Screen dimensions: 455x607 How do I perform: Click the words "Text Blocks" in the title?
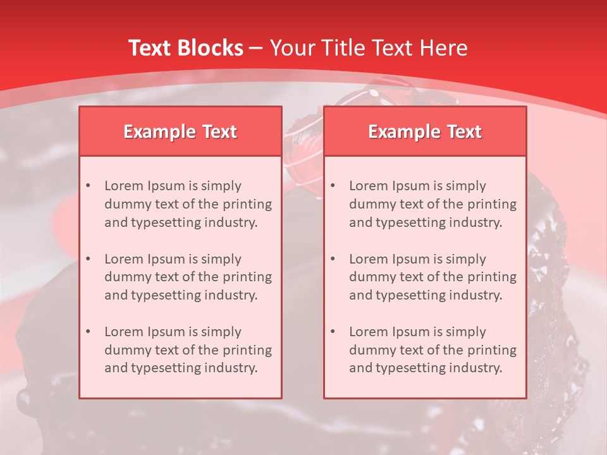click(x=185, y=48)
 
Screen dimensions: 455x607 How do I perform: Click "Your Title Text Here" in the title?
click(x=369, y=48)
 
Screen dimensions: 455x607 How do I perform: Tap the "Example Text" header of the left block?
click(x=180, y=131)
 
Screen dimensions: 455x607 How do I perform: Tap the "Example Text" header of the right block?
click(x=425, y=131)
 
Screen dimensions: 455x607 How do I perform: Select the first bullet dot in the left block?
click(x=88, y=186)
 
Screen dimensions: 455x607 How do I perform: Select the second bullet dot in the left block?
click(x=88, y=259)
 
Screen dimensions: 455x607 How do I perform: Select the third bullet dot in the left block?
click(x=88, y=332)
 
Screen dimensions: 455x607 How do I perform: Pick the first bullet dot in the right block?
click(x=333, y=186)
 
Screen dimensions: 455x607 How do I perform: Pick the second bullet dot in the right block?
click(x=333, y=259)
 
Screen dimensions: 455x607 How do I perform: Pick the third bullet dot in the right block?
click(x=333, y=332)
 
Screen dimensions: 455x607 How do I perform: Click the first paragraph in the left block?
click(x=188, y=204)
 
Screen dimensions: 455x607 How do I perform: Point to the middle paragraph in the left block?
click(x=188, y=277)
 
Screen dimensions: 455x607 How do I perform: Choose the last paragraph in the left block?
click(x=188, y=350)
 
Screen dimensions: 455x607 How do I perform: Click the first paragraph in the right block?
click(x=432, y=204)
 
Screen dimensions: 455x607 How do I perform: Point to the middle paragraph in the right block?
click(x=432, y=277)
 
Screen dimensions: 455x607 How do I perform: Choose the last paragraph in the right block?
click(x=432, y=350)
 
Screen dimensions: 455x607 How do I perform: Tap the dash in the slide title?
click(x=256, y=48)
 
